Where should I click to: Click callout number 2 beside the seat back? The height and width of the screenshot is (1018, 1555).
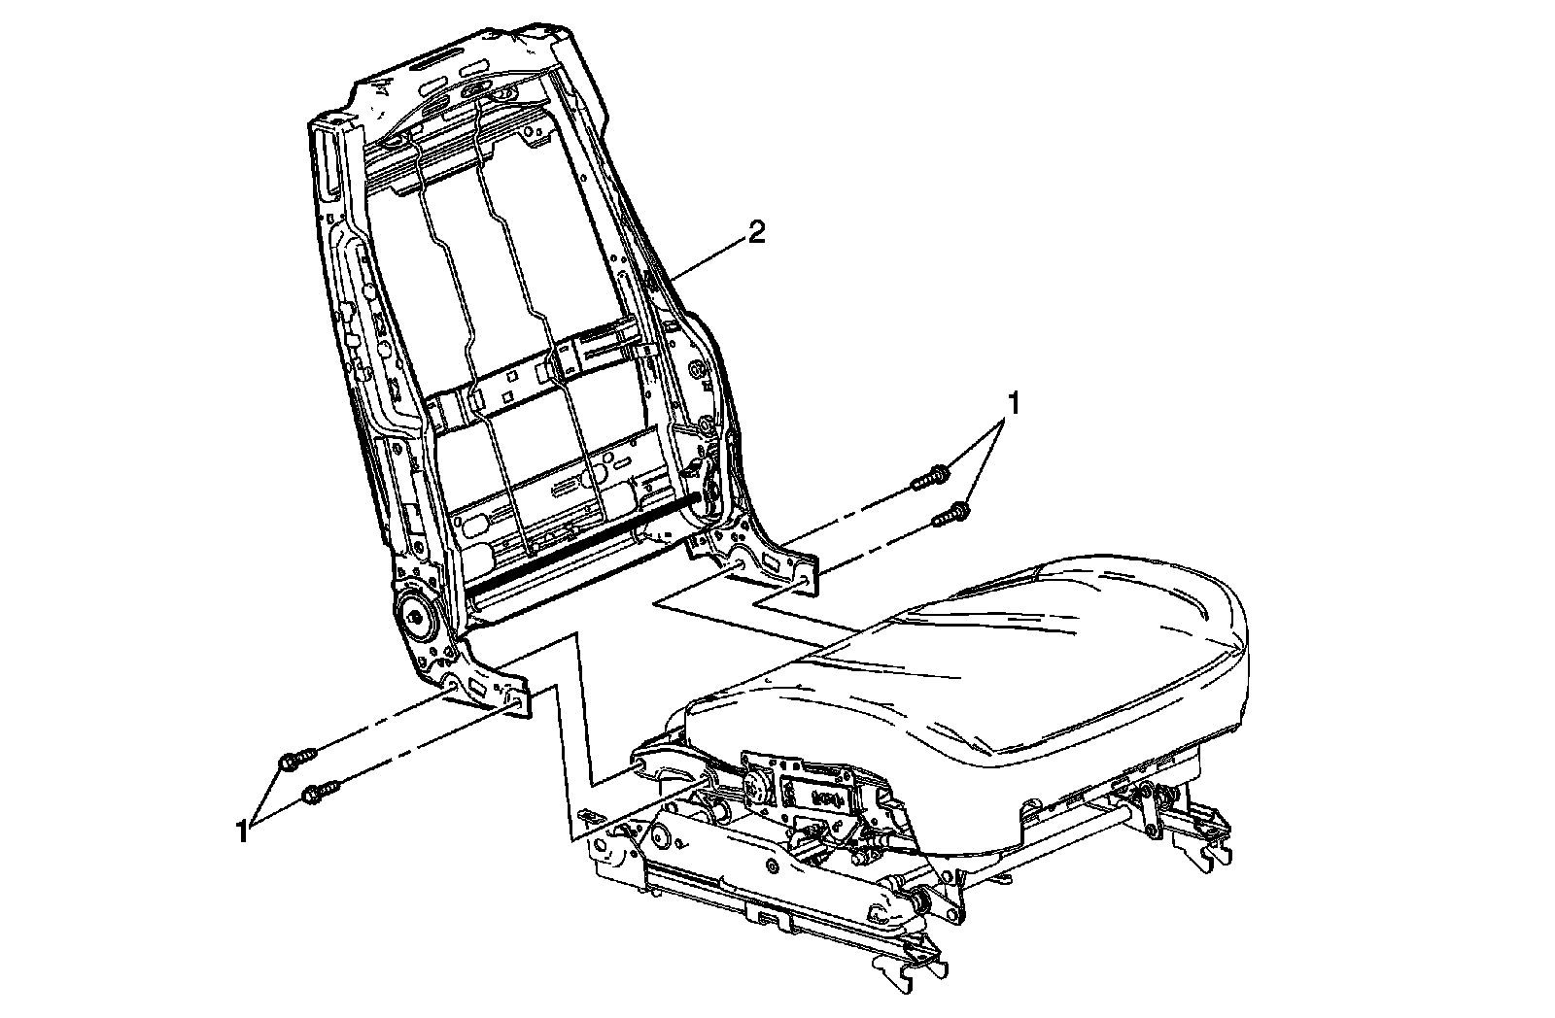pos(756,233)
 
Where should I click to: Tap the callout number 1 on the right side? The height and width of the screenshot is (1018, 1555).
pos(1015,401)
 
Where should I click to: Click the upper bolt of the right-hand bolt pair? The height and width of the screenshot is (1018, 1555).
pos(930,477)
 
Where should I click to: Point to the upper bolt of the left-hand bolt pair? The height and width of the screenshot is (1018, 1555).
pos(296,758)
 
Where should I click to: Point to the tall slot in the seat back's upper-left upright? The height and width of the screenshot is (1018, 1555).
pos(328,160)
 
